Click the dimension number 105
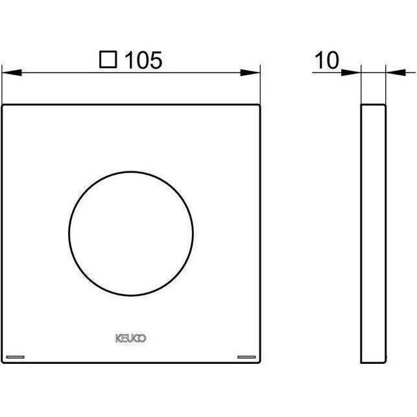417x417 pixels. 141,60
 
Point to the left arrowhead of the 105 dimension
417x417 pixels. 9,73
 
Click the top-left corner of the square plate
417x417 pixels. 3,104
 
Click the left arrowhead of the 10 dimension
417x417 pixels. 355,73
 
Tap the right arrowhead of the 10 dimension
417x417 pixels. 392,73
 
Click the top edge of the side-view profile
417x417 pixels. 374,104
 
